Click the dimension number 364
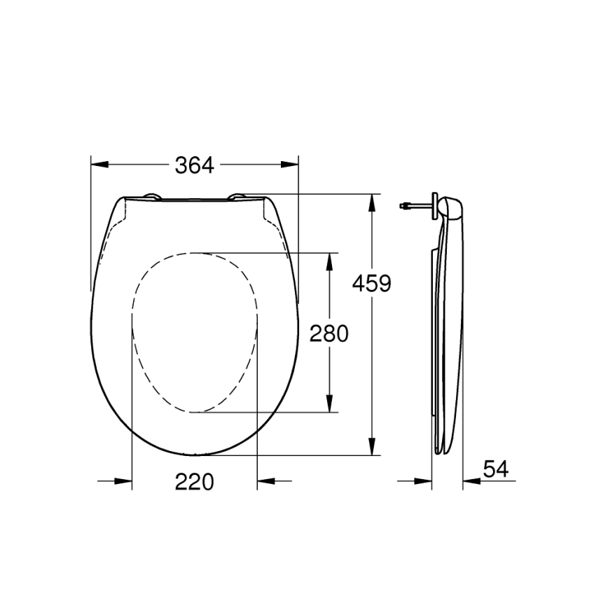(194, 165)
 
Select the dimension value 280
(329, 333)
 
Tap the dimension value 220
(194, 481)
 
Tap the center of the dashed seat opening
(195, 332)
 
